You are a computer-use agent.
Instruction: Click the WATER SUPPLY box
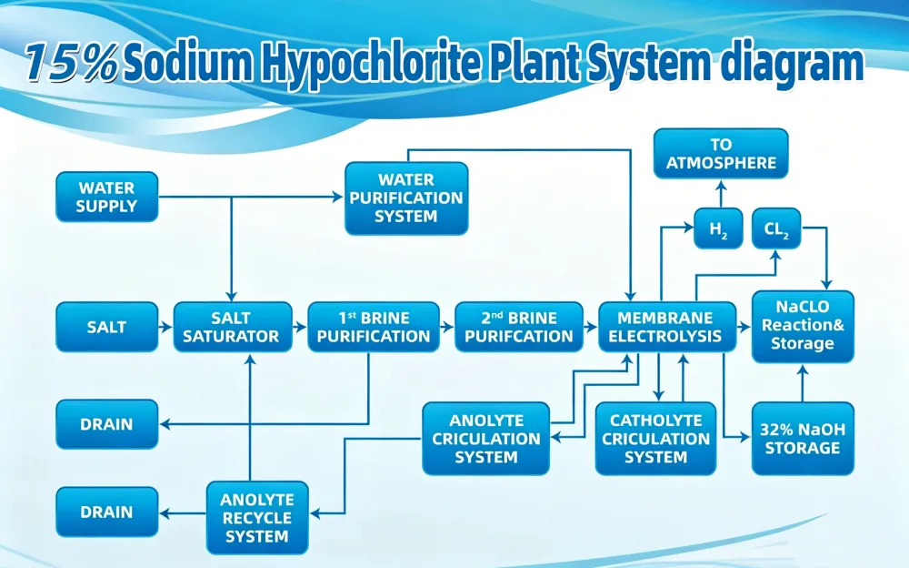(106, 197)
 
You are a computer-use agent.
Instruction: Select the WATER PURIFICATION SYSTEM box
(406, 198)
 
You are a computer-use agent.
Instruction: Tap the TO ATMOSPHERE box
(721, 153)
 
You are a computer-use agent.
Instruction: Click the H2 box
(718, 228)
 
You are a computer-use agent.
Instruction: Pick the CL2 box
(776, 228)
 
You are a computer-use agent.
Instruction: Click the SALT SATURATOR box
(233, 327)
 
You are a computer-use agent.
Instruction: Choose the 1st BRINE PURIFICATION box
(374, 327)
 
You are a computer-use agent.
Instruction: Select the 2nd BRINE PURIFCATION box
(519, 327)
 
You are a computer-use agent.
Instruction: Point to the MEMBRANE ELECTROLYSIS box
(666, 327)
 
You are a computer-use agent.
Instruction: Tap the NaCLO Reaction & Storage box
(803, 327)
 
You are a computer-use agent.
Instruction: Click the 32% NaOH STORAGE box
(803, 439)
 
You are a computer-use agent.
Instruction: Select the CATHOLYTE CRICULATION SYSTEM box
(655, 439)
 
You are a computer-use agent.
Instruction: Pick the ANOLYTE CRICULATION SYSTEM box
(485, 439)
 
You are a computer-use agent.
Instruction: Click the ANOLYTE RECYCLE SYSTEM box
(257, 517)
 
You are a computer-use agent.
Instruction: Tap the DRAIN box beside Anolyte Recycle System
(106, 512)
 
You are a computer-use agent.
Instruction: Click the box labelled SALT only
(106, 327)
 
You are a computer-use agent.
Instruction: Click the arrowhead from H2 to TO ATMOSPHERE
(721, 186)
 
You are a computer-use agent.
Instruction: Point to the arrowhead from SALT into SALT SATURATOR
(167, 327)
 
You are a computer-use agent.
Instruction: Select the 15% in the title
(72, 63)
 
